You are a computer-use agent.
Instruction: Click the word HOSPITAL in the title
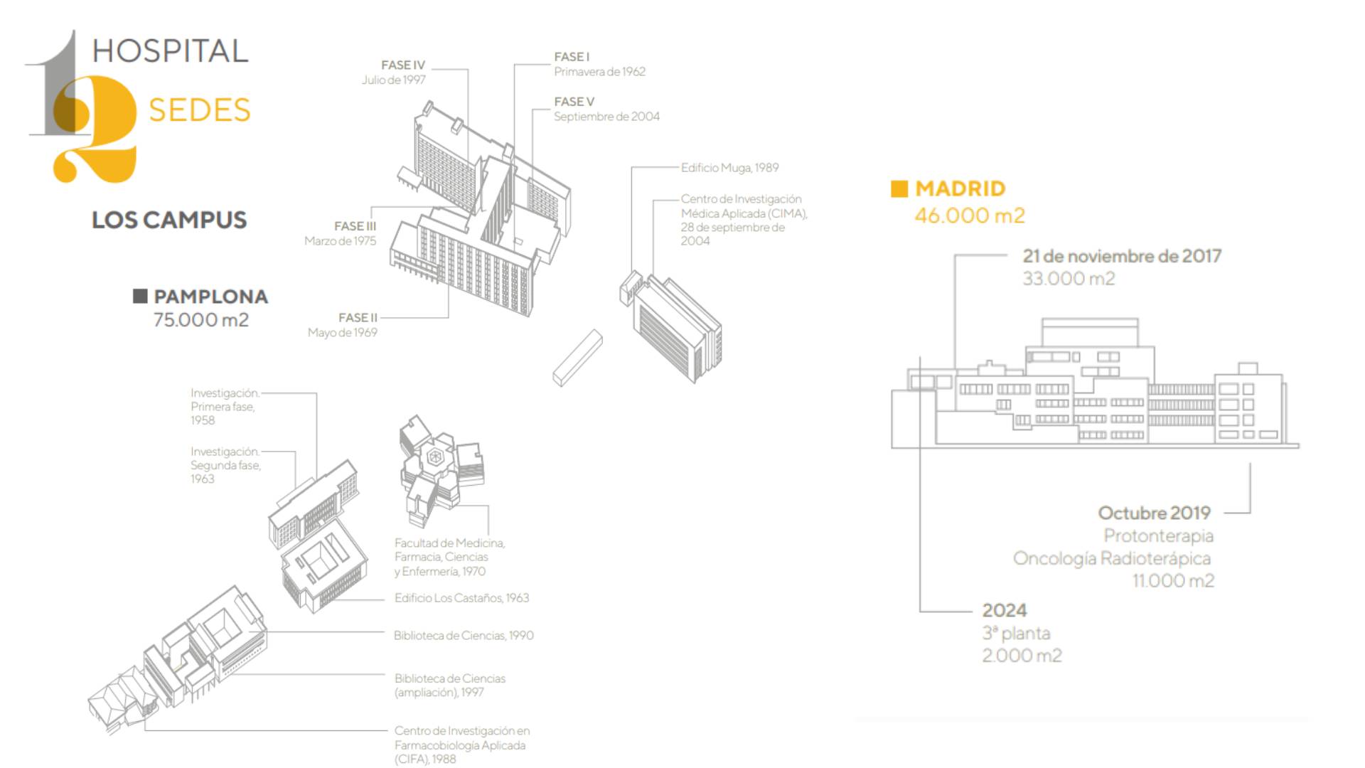[170, 51]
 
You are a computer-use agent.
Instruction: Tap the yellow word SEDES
[199, 110]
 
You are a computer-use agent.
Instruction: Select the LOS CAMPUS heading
[169, 220]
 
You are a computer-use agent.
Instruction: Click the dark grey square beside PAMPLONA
[140, 296]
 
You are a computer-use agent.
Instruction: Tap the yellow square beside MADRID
[899, 188]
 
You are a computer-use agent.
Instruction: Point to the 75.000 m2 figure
[201, 320]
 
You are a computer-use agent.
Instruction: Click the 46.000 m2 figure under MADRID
[970, 215]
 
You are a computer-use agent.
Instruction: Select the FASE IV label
[403, 65]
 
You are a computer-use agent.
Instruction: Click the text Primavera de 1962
[599, 72]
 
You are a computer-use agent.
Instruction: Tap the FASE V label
[574, 102]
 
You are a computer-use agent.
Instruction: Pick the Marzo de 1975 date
[340, 241]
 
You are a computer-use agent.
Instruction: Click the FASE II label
[358, 317]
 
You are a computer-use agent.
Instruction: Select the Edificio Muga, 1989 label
[729, 168]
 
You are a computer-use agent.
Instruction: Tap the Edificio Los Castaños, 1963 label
[461, 598]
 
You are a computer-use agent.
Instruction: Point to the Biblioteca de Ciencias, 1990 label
[464, 636]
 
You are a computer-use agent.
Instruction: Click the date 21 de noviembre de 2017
[1122, 256]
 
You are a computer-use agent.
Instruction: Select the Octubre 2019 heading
[1154, 513]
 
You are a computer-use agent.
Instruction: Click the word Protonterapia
[1158, 535]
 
